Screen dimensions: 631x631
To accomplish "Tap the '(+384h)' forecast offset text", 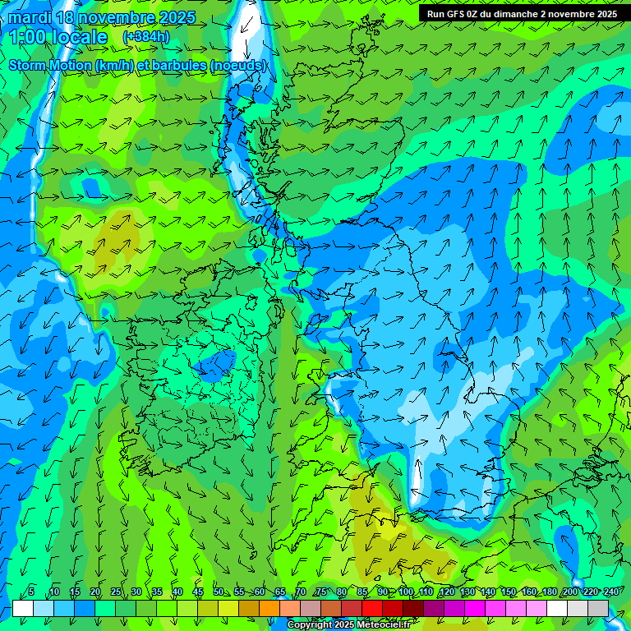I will coord(145,37).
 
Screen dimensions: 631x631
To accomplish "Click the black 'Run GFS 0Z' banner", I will coord(522,14).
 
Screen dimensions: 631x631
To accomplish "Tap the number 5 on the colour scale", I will coord(31,592).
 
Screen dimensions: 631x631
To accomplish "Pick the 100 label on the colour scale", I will coord(405,592).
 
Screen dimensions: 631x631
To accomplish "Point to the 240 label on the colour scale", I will coord(610,592).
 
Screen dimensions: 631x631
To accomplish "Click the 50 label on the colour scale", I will coord(218,592).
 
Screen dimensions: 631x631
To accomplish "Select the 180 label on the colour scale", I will coord(549,592).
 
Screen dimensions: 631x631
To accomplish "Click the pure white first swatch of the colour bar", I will coord(23,608).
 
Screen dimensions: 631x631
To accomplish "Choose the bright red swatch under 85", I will coord(372,608).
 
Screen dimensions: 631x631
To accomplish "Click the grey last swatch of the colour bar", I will coord(598,608).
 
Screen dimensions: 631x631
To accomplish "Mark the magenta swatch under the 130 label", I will coord(475,608).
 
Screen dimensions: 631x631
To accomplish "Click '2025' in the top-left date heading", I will coord(173,18).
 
